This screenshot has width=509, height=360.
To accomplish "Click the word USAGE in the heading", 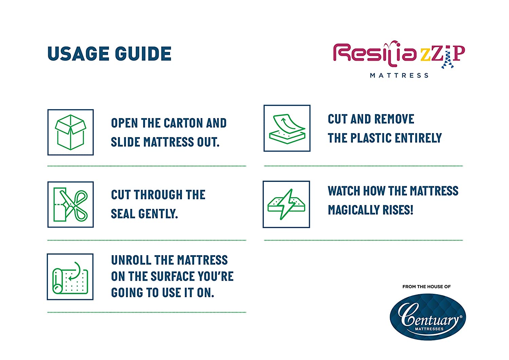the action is click(x=78, y=54).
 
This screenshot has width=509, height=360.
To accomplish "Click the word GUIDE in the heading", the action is click(x=143, y=54).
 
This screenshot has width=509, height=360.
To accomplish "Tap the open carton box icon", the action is click(x=71, y=132).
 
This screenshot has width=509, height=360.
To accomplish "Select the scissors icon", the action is click(x=71, y=205).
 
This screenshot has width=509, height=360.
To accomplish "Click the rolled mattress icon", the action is click(x=70, y=278).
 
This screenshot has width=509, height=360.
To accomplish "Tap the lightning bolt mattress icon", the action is click(x=286, y=204).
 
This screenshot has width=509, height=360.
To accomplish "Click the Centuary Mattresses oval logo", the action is click(x=428, y=317).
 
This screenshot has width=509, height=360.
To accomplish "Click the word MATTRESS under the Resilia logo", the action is click(x=399, y=75).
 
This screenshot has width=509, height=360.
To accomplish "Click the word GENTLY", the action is click(x=158, y=214).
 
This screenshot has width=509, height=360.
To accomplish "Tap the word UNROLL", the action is click(x=131, y=260).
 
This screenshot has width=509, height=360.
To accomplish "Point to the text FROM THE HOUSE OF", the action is click(x=427, y=287).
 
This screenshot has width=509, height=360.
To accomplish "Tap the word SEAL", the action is click(x=123, y=214).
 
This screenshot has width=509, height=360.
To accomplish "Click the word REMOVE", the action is click(x=394, y=119).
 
